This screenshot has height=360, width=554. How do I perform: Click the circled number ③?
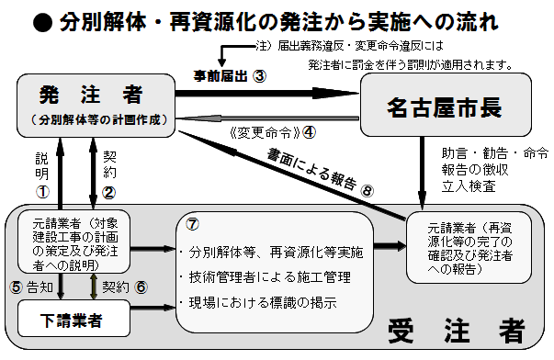(x=260, y=77)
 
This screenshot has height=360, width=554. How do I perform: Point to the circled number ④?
(x=309, y=130)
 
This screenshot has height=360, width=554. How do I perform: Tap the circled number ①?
(x=40, y=192)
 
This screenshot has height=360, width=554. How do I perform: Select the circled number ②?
(x=108, y=192)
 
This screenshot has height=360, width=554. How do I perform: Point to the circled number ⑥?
(x=141, y=286)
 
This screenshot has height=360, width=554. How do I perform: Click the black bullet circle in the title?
(x=40, y=20)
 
